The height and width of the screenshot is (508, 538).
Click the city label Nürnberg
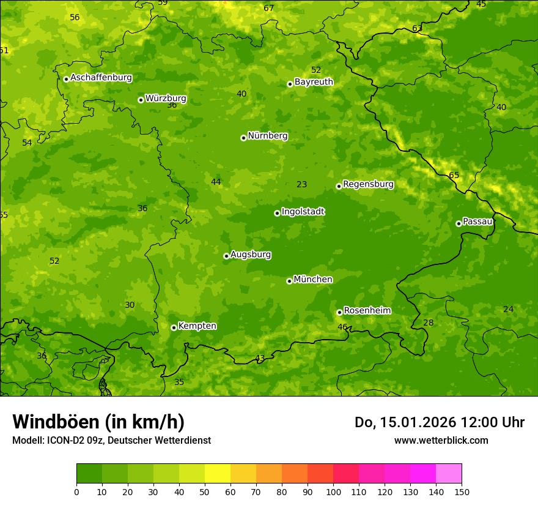pyautogui.click(x=267, y=136)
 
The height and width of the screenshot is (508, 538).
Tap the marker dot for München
pyautogui.click(x=290, y=281)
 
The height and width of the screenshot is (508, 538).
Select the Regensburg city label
pyautogui.click(x=368, y=184)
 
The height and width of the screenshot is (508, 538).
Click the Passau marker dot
pyautogui.click(x=459, y=223)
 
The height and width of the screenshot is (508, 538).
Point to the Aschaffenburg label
pyautogui.click(x=101, y=78)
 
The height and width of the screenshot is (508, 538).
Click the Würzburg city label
pyautogui.click(x=166, y=99)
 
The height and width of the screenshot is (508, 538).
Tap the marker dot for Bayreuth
pyautogui.click(x=290, y=84)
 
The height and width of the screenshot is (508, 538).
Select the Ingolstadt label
pyautogui.click(x=303, y=212)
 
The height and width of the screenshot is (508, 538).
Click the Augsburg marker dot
pyautogui.click(x=226, y=256)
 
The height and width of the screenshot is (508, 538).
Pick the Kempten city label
pyautogui.click(x=197, y=326)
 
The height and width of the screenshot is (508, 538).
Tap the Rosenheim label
pyautogui.click(x=367, y=311)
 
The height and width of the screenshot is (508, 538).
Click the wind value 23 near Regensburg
pyautogui.click(x=301, y=184)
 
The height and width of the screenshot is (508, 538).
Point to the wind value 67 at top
pyautogui.click(x=268, y=8)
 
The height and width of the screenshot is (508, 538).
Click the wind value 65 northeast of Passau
pyautogui.click(x=454, y=176)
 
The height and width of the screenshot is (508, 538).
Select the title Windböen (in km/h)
pyautogui.click(x=98, y=422)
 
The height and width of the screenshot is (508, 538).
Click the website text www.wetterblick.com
pyautogui.click(x=441, y=440)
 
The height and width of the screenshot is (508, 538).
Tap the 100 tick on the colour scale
pyautogui.click(x=333, y=491)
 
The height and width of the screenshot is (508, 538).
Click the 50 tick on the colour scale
pyautogui.click(x=205, y=491)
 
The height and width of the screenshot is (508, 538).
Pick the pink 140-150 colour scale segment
pyautogui.click(x=449, y=474)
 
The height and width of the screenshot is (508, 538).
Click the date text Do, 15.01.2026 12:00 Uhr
pyautogui.click(x=439, y=422)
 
